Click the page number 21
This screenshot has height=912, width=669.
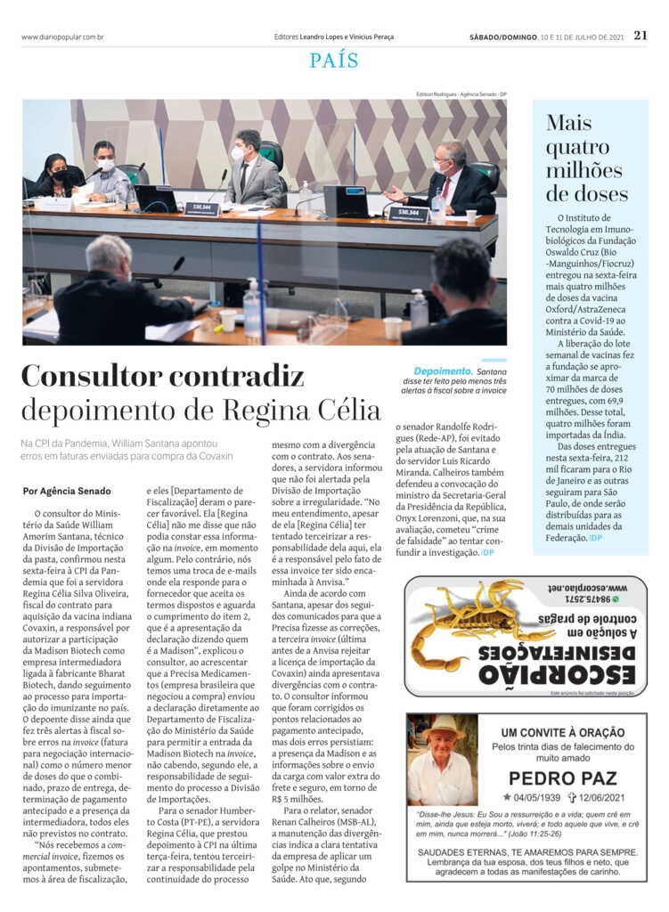[640, 36]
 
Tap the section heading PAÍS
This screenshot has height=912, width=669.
[334, 61]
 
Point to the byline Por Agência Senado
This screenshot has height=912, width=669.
[67, 491]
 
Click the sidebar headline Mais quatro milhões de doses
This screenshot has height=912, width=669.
[587, 158]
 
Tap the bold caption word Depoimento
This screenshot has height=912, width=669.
[443, 370]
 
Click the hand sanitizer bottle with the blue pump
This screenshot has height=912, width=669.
[253, 308]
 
